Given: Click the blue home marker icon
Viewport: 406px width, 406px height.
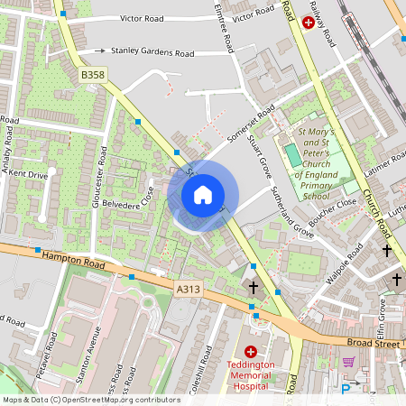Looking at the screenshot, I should point(203,195).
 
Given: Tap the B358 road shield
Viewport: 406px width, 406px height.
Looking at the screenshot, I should point(95,75).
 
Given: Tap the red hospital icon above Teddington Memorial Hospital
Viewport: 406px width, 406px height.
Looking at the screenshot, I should point(251,351).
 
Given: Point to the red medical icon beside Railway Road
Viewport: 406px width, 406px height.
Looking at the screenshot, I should point(309,23).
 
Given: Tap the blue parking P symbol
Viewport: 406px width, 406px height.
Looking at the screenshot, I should point(345,389).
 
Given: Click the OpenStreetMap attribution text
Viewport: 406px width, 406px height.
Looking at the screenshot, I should point(90,399).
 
